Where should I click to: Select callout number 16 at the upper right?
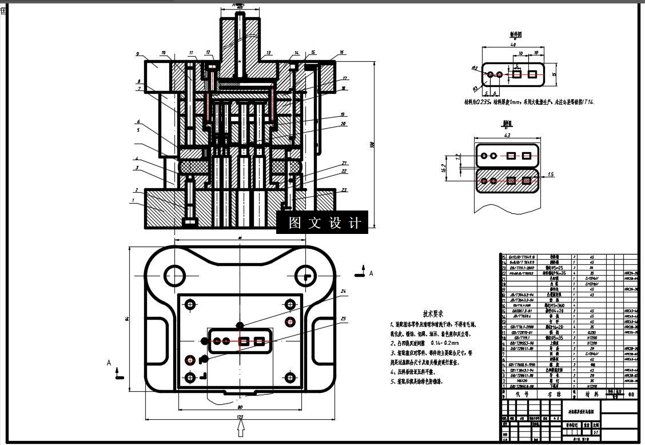[341, 53]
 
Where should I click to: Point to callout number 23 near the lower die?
[344, 190]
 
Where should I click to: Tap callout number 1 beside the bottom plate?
[133, 201]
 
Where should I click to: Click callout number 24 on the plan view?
[343, 291]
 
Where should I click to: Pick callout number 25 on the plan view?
[343, 319]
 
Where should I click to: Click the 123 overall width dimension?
[240, 418]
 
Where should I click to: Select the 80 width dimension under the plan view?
[240, 407]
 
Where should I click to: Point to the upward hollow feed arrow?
[241, 428]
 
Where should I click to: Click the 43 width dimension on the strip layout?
[507, 136]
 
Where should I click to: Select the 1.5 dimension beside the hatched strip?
[551, 174]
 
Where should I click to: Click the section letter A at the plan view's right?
[371, 274]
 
